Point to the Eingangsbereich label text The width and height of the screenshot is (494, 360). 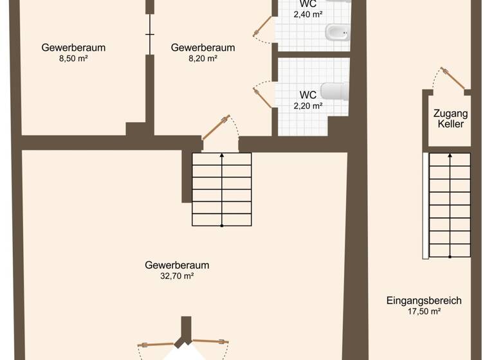(424, 300)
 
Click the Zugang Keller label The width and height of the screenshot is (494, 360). (450, 119)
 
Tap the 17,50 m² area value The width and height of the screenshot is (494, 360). (424, 311)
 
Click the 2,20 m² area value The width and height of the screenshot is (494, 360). (307, 106)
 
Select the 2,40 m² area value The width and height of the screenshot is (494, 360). (307, 14)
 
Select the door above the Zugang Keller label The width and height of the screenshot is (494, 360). (453, 78)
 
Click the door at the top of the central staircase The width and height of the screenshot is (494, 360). (215, 127)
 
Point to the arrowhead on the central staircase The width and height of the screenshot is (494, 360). (222, 155)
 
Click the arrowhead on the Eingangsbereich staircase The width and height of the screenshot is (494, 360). (450, 155)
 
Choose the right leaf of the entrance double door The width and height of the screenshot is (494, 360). (210, 341)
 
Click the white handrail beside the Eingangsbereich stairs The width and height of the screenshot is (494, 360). (425, 206)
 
